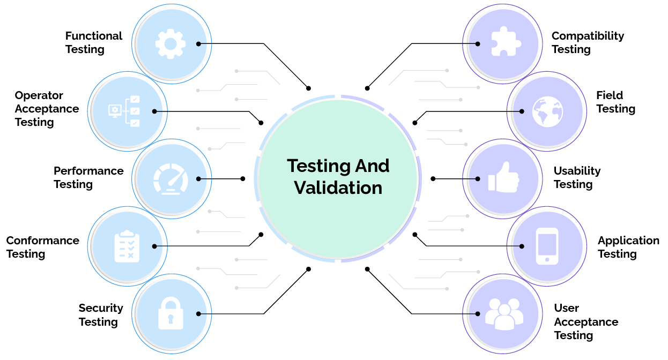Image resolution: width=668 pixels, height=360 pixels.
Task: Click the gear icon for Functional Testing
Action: (x=170, y=43)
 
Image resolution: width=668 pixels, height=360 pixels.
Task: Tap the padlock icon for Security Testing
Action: (x=170, y=313)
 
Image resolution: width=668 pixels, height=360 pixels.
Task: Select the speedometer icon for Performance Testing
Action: (x=170, y=178)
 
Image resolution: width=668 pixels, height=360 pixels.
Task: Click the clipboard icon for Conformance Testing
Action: (x=127, y=246)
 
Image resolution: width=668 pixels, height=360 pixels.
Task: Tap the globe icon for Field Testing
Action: (x=547, y=111)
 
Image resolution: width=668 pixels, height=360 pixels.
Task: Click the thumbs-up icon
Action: (x=503, y=178)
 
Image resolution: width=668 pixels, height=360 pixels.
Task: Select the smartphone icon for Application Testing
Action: (x=547, y=246)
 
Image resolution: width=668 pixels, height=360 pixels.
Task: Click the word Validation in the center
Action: (x=338, y=188)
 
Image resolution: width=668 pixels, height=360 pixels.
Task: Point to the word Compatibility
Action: (x=588, y=36)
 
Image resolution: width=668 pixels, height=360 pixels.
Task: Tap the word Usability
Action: (x=577, y=171)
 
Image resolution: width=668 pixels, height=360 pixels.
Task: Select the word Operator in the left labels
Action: (x=39, y=95)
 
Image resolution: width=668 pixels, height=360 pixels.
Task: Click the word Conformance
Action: (x=42, y=241)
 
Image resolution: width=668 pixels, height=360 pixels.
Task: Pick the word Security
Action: (x=101, y=308)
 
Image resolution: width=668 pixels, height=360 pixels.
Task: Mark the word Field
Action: (x=609, y=95)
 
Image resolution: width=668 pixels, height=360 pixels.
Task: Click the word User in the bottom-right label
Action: (x=566, y=308)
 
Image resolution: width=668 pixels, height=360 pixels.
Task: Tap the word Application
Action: (x=628, y=241)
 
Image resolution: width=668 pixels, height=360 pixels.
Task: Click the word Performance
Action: (x=88, y=171)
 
